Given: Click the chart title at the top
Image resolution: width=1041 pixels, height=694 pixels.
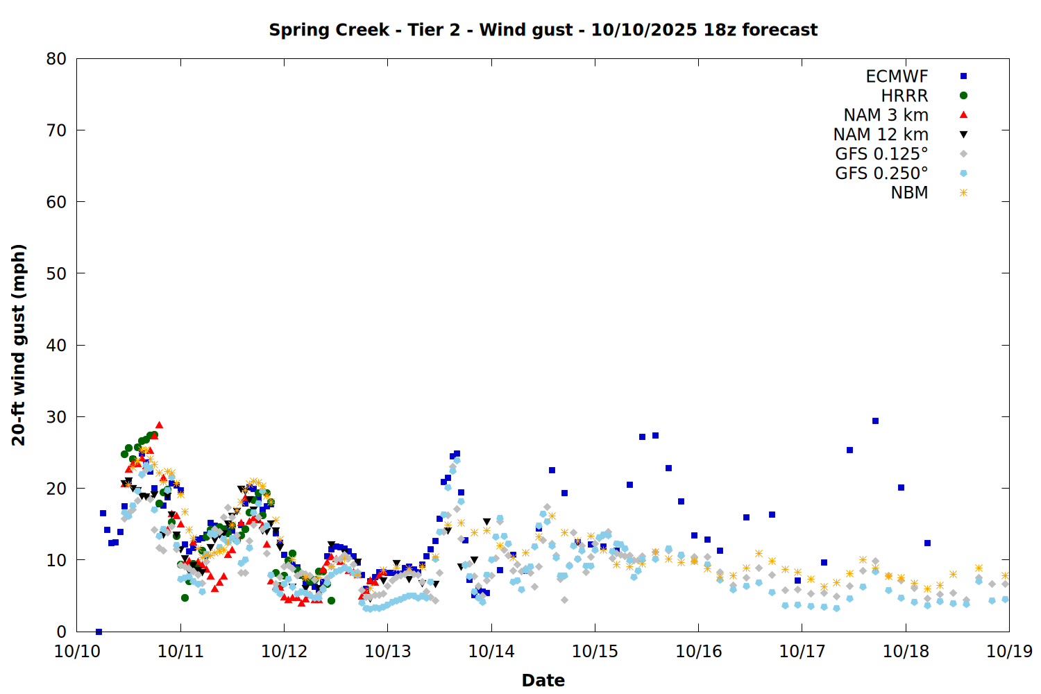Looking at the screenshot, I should [x=543, y=30].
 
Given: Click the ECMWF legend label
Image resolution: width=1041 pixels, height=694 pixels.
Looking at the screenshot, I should [x=897, y=76].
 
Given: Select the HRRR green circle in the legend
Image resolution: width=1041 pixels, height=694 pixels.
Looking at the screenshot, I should [x=963, y=96].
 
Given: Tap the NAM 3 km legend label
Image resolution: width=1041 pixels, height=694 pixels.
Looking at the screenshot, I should [x=886, y=115].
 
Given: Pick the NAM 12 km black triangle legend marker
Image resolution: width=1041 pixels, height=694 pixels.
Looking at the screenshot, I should [x=963, y=135].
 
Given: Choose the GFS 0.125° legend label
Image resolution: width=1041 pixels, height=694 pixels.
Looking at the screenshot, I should [x=881, y=154].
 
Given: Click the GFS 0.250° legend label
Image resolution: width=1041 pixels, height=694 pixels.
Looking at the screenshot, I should [x=881, y=173].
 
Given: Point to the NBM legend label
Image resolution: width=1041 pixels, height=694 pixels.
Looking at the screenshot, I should [x=909, y=193].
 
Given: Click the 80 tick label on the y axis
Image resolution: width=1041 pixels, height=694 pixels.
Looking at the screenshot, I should [x=56, y=59].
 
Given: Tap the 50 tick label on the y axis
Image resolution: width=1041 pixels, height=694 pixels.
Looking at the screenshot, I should [x=56, y=273].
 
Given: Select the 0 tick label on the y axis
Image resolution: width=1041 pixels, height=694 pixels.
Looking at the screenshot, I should [x=62, y=632].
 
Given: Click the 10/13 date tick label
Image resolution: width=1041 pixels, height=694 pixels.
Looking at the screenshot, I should [x=388, y=651].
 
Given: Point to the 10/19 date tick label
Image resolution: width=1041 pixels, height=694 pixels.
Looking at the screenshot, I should [x=1009, y=651].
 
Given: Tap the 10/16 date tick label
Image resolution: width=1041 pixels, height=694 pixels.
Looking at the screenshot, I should [x=699, y=651].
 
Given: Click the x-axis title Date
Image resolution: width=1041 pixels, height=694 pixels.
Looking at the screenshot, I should [x=543, y=680].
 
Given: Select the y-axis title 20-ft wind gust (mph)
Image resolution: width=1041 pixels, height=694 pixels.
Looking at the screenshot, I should [x=19, y=345].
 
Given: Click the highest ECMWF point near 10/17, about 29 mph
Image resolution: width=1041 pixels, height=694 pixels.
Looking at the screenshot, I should [x=875, y=421].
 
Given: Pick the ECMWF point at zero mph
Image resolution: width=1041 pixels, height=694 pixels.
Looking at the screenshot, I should [x=99, y=632].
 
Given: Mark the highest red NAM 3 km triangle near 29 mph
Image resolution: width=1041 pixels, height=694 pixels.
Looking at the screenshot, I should [x=159, y=425].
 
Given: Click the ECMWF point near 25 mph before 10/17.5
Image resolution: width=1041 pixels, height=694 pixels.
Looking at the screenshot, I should [x=849, y=450].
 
